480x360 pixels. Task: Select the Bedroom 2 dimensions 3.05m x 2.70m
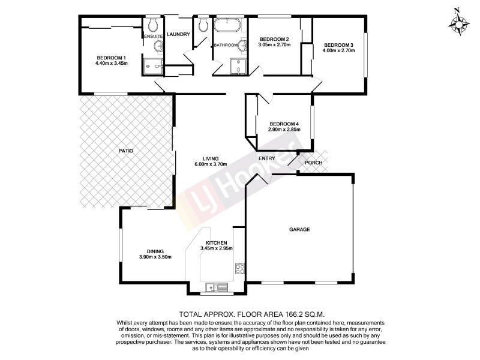[274, 45]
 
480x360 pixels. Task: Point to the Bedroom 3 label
[339, 44]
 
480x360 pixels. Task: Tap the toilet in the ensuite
[152, 25]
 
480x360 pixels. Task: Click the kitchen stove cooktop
[240, 268]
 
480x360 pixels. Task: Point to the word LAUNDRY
[178, 35]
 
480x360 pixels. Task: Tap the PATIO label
[125, 151]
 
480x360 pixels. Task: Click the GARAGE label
[299, 229]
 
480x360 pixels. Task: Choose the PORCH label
[313, 163]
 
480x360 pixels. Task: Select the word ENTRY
[266, 158]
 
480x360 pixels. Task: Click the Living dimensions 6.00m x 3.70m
[210, 164]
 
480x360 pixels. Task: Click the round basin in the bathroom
[244, 45]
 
